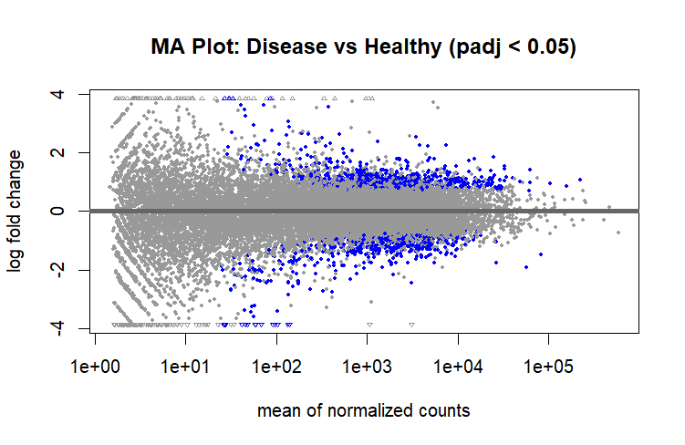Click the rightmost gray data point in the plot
click(618, 233)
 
